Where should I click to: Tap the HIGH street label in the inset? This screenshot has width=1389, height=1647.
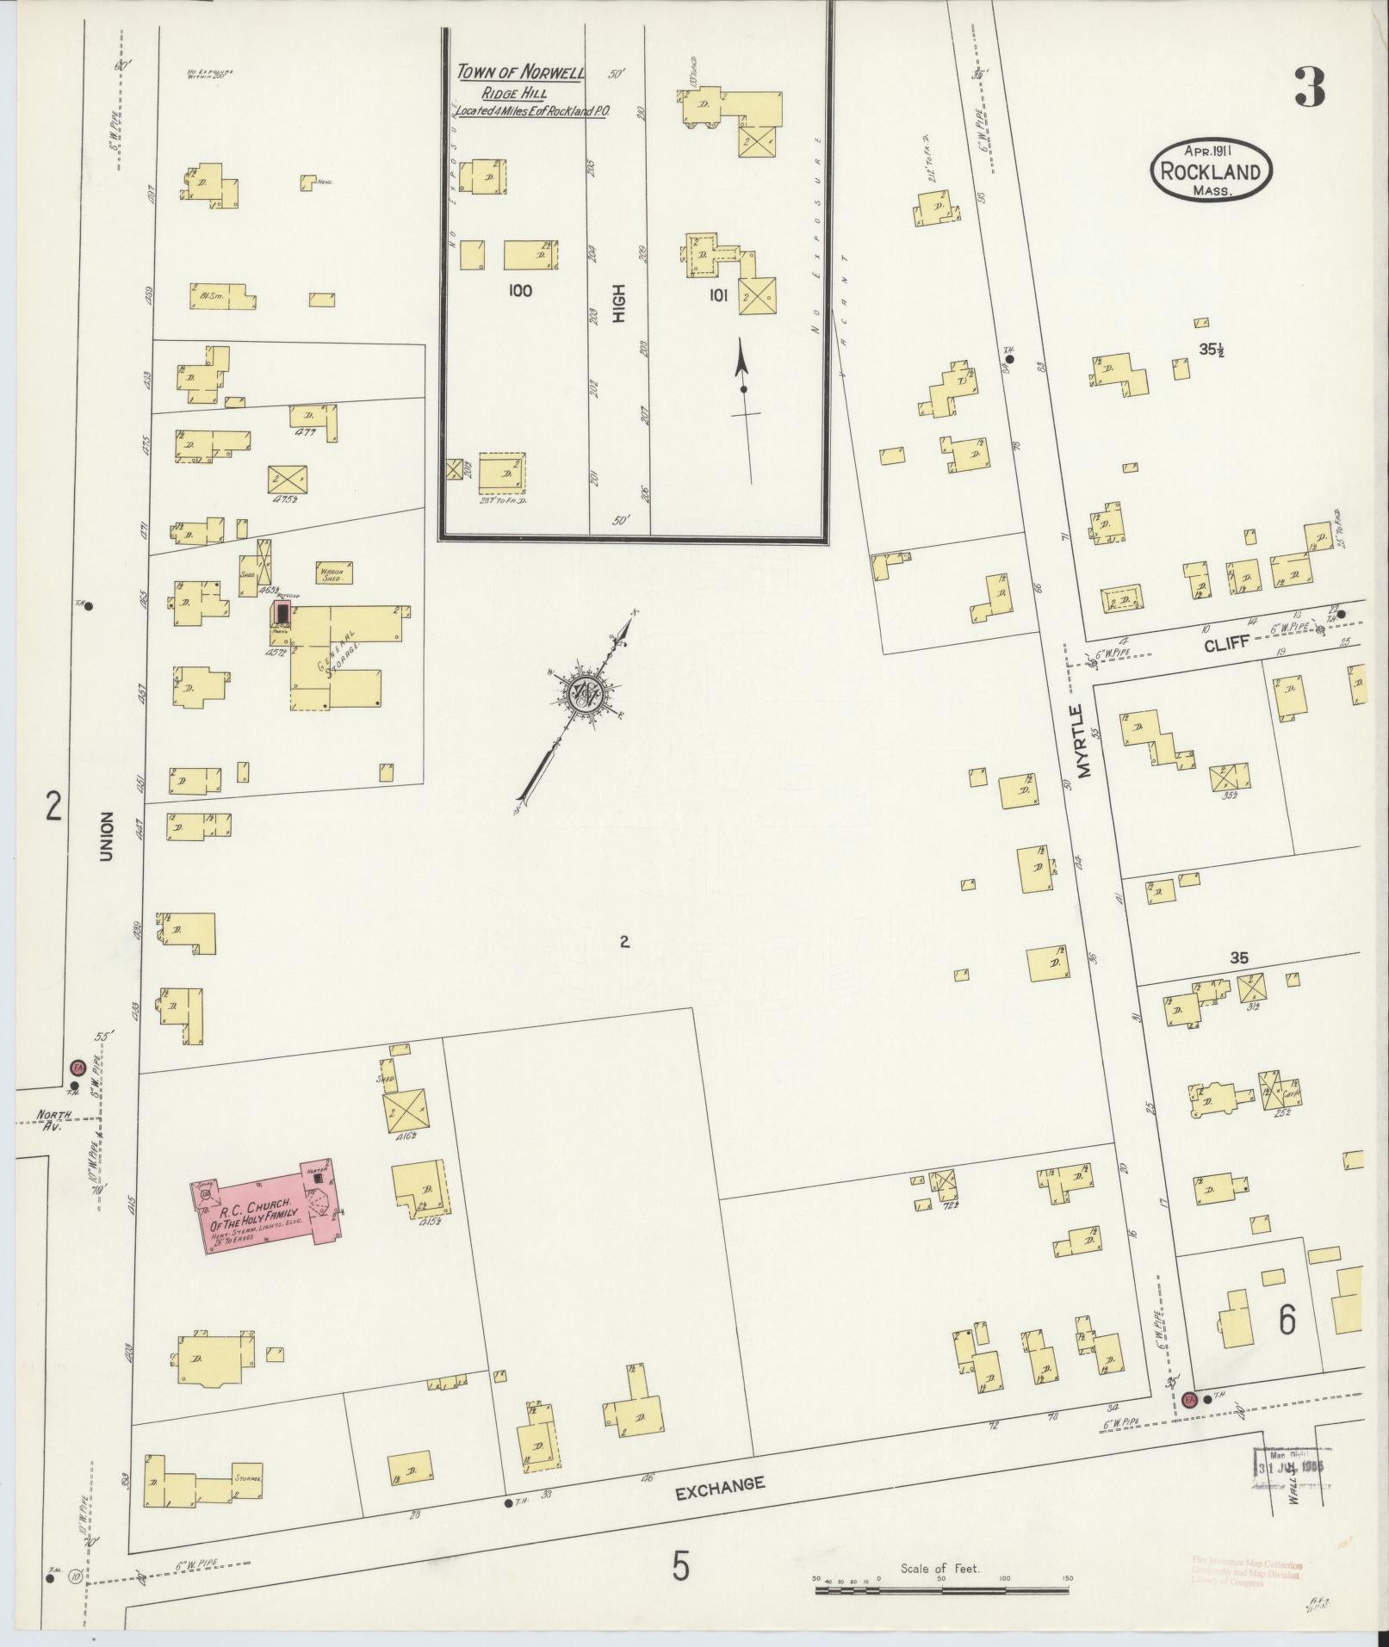[x=618, y=304]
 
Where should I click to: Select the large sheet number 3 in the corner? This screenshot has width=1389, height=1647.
[x=1307, y=87]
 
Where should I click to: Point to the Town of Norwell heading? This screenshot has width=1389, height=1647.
[x=521, y=73]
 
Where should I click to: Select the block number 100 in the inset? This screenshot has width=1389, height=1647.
[x=520, y=291]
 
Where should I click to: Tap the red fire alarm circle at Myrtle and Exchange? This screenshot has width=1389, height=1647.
[x=1190, y=1398]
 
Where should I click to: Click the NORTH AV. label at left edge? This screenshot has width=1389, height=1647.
[x=48, y=1119]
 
